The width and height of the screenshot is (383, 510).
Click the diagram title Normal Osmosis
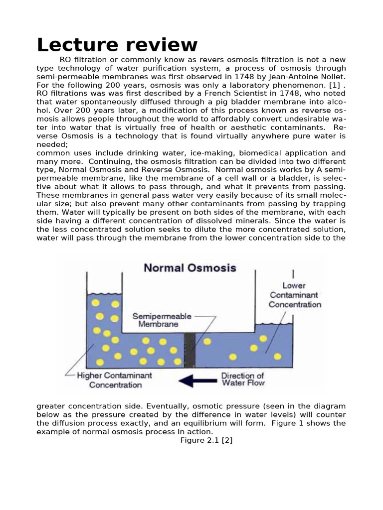190,268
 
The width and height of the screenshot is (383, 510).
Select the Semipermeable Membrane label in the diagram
155,320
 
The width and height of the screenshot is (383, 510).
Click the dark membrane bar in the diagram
190,351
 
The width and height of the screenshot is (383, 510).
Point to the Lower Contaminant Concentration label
294,295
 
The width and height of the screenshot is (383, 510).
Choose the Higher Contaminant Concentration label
115,380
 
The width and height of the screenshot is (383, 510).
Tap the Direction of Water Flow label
243,380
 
